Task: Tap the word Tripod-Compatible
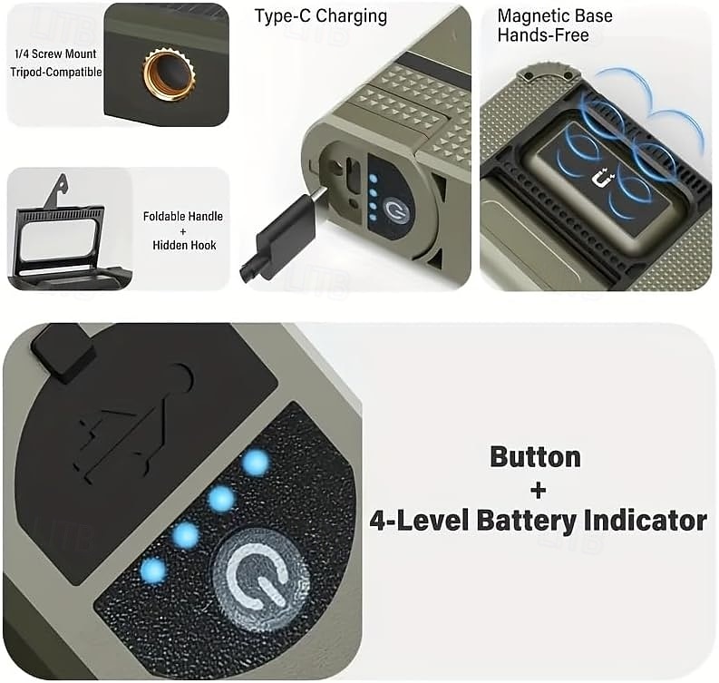tap(56, 72)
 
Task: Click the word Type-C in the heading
tap(284, 16)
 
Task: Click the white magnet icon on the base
tap(603, 178)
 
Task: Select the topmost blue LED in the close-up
tap(257, 462)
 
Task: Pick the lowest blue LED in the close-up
tap(153, 571)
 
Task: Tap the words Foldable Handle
tap(183, 216)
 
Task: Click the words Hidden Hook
tap(184, 246)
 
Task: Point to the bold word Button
tap(535, 458)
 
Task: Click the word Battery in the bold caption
tap(527, 521)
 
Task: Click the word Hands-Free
tap(543, 35)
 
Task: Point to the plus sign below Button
tap(539, 491)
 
